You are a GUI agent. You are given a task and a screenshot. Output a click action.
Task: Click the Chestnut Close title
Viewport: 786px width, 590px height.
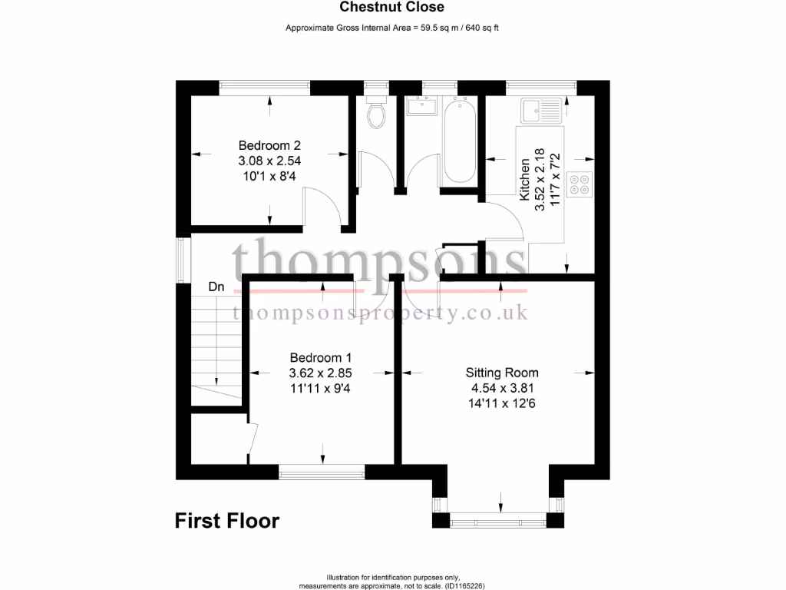[392, 8]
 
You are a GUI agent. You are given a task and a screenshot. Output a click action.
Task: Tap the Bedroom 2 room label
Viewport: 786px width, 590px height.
[269, 145]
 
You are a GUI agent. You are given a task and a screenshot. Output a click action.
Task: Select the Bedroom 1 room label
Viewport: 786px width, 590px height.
[320, 357]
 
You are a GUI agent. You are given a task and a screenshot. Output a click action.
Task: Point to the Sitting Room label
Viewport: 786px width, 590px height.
[502, 373]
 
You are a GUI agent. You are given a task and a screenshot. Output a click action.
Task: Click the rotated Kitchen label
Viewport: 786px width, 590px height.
[525, 180]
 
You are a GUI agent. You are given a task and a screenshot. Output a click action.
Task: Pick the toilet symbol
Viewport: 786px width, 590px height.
[376, 114]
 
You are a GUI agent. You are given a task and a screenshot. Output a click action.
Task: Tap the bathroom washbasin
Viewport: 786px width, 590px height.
[421, 106]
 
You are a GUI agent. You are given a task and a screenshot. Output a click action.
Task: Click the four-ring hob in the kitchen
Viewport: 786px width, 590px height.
[580, 183]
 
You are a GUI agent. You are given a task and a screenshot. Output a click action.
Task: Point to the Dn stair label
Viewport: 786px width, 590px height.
[216, 287]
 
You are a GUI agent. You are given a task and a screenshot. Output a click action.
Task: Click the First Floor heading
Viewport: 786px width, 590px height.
[227, 521]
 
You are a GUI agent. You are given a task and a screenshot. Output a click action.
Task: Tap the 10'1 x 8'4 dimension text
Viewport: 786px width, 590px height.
[269, 176]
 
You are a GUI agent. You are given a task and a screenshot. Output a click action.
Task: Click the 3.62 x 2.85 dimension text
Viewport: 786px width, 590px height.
[320, 373]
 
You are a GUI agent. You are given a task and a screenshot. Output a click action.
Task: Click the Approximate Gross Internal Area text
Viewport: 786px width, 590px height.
[392, 28]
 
